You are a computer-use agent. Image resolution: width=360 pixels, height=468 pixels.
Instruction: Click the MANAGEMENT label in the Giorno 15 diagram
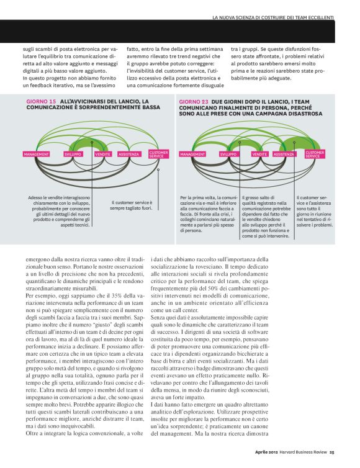(36, 153)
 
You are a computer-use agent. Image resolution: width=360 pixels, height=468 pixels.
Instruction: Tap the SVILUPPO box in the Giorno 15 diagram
(73, 153)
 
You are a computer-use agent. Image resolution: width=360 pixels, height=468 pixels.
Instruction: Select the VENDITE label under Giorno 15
(102, 153)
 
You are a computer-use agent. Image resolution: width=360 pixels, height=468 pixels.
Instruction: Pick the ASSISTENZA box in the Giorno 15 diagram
(128, 153)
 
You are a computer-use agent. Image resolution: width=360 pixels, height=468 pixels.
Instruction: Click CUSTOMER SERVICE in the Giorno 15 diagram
(158, 154)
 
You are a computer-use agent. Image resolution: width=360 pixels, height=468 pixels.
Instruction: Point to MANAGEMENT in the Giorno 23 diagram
(192, 153)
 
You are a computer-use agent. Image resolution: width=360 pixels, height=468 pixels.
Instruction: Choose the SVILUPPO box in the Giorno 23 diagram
(228, 153)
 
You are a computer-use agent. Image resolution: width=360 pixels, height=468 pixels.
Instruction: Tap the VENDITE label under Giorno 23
(259, 153)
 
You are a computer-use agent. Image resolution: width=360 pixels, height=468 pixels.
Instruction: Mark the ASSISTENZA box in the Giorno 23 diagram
(284, 153)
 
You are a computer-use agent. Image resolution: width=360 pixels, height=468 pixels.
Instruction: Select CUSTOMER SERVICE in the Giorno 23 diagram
(314, 154)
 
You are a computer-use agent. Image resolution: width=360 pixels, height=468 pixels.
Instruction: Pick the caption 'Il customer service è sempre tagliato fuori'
(131, 205)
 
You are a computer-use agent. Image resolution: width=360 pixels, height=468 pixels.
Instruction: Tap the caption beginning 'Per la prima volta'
(202, 214)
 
